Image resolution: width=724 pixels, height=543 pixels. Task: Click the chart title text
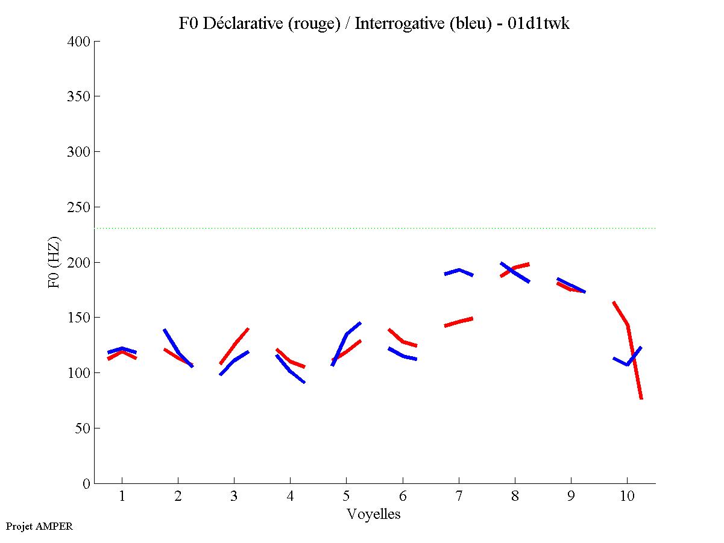pyautogui.click(x=374, y=24)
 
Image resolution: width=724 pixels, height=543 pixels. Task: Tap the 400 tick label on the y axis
pyautogui.click(x=79, y=42)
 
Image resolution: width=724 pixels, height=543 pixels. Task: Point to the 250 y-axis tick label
pyautogui.click(x=79, y=207)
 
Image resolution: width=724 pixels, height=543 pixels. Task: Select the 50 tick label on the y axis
pyautogui.click(x=83, y=428)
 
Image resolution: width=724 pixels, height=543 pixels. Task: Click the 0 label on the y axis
pyautogui.click(x=87, y=483)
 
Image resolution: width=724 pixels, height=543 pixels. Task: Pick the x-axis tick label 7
pyautogui.click(x=459, y=496)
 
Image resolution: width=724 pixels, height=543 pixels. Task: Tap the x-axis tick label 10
pyautogui.click(x=627, y=496)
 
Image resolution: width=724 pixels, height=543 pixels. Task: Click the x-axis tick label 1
pyautogui.click(x=122, y=496)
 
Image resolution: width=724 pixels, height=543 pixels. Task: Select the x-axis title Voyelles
pyautogui.click(x=374, y=514)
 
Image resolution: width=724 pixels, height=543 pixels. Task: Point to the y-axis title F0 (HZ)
pyautogui.click(x=54, y=262)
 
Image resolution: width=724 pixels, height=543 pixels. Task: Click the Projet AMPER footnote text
pyautogui.click(x=39, y=526)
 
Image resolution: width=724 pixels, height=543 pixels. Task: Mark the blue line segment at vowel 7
pyautogui.click(x=459, y=270)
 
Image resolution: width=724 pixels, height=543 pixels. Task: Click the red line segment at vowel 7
pyautogui.click(x=459, y=322)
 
